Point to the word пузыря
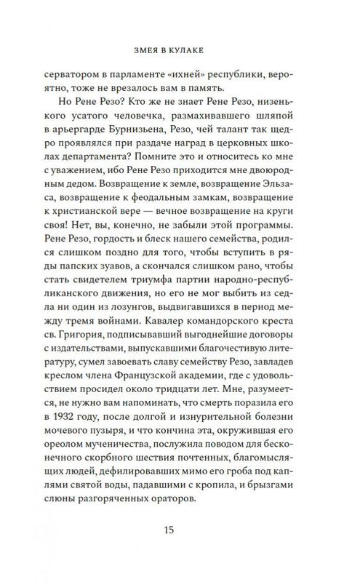[x=97, y=425]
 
